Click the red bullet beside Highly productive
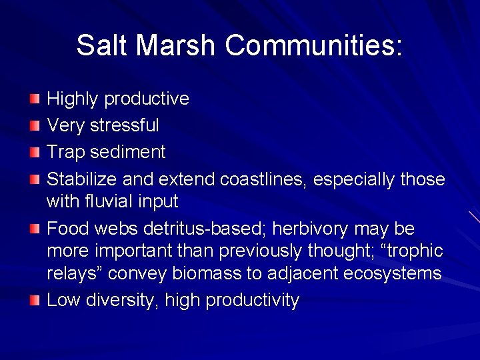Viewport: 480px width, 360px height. click(x=35, y=99)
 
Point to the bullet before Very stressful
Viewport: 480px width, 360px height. click(x=35, y=126)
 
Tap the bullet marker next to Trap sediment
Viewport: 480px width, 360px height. click(x=35, y=153)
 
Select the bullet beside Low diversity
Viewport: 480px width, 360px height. click(x=35, y=301)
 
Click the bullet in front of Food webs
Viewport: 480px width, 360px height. click(x=35, y=229)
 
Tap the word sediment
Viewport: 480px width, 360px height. click(x=128, y=152)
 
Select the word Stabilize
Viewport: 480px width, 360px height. click(x=79, y=179)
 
